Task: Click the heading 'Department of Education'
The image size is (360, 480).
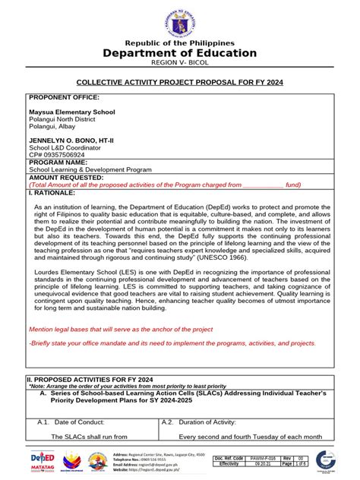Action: (180, 52)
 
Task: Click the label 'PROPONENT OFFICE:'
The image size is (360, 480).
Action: (64, 98)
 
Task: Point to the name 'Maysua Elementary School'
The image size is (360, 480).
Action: (72, 112)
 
